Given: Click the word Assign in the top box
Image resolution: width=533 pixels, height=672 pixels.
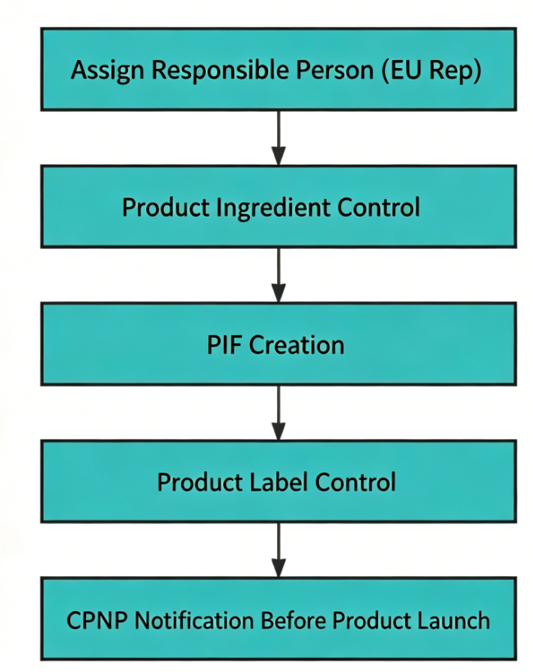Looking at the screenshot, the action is [107, 71].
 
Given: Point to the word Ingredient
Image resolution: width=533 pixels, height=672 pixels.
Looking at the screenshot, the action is [273, 208].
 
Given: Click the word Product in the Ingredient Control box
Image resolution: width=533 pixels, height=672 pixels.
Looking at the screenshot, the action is [166, 208].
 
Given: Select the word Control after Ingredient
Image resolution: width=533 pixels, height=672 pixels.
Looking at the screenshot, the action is [379, 208].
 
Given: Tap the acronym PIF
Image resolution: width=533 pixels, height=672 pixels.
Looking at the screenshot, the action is [225, 345].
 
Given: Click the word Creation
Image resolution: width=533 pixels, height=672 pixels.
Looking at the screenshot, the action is [297, 345].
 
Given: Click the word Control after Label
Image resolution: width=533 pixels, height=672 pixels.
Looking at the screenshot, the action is [355, 482].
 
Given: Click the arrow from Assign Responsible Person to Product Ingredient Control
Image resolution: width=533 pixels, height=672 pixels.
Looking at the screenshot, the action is [279, 138].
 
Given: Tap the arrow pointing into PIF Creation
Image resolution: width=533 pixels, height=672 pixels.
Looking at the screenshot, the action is [279, 275].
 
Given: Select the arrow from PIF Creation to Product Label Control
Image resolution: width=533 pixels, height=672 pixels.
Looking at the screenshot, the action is [279, 413].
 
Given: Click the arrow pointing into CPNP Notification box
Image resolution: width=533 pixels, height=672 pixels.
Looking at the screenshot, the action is [279, 550].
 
